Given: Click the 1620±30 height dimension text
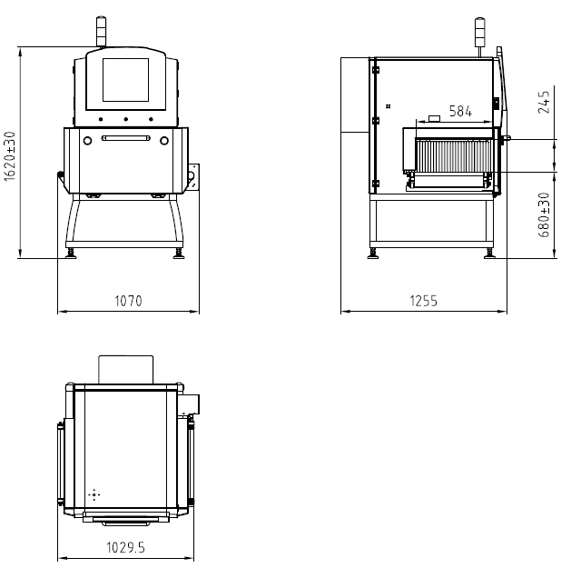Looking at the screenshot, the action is point(9,156).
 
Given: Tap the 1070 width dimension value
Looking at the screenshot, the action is point(128,301).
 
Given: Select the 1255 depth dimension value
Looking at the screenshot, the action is point(423,301).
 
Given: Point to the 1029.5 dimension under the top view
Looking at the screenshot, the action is point(125,548).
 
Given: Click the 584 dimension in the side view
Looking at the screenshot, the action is point(460,111).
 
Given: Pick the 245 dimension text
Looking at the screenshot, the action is point(544,102).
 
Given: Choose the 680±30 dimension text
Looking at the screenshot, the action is point(544,214).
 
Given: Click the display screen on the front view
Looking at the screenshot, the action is point(125,80).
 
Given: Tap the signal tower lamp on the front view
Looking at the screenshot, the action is point(101,31).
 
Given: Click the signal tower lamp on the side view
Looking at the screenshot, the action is point(479,32).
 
